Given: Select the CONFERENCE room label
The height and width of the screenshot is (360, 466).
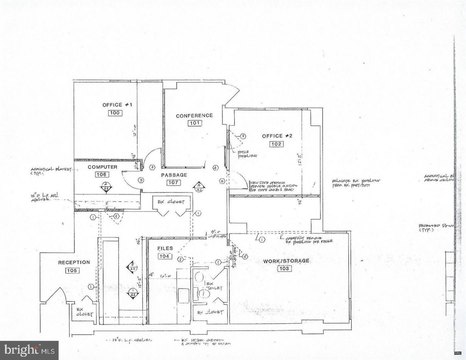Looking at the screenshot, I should [x=195, y=116].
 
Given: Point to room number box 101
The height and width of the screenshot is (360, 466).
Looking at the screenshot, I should [x=195, y=127].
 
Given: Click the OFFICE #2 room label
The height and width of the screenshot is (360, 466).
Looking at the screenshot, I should [x=275, y=134].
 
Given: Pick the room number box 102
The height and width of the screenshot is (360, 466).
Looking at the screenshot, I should [x=275, y=145].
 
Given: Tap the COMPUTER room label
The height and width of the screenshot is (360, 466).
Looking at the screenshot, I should [x=102, y=165].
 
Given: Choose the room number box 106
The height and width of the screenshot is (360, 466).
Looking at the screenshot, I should [x=101, y=175].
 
